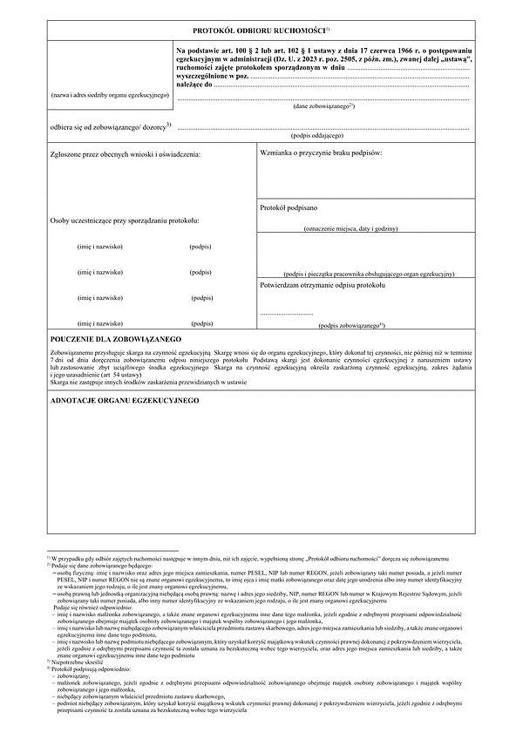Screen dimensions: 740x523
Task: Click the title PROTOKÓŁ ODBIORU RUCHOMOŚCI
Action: [259, 31]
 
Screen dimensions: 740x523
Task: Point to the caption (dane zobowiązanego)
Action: [323, 105]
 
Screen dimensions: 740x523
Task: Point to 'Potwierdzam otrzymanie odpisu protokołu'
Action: [323, 285]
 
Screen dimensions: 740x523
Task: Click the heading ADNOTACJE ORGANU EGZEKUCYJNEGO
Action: [125, 399]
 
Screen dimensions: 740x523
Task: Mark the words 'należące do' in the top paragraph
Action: [194, 85]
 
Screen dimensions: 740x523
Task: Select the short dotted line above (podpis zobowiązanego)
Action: [286, 312]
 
